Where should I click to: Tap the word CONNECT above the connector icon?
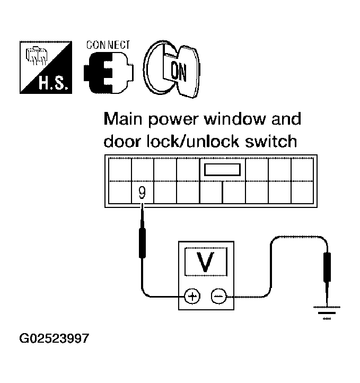tap(108, 45)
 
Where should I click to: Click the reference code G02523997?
tap(54, 337)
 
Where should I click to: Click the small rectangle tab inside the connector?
tap(222, 171)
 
